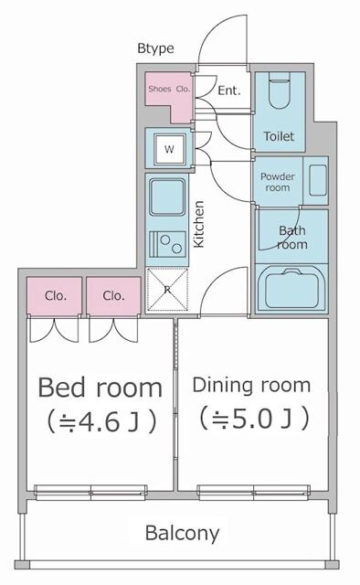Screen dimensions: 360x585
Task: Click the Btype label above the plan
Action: [155, 48]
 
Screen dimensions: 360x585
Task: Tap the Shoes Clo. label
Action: [169, 89]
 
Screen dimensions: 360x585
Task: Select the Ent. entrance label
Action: [229, 90]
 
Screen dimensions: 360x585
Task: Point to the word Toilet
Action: [279, 136]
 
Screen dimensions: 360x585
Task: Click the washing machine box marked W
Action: [169, 149]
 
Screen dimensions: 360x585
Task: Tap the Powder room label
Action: [278, 182]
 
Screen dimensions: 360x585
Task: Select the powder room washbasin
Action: [318, 181]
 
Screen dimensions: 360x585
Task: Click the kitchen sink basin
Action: [167, 197]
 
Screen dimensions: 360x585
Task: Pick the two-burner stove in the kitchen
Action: [167, 244]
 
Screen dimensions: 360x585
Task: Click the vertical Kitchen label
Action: [199, 224]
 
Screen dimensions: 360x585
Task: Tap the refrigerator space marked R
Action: [167, 289]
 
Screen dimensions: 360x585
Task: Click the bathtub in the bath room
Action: [291, 288]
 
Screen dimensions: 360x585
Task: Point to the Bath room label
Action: [292, 238]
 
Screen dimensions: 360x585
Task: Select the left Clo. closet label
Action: [55, 296]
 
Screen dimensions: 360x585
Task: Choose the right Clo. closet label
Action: [113, 296]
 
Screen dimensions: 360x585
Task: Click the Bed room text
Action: [100, 388]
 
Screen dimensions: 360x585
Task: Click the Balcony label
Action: [182, 534]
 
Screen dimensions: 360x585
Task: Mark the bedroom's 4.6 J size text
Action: [101, 422]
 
